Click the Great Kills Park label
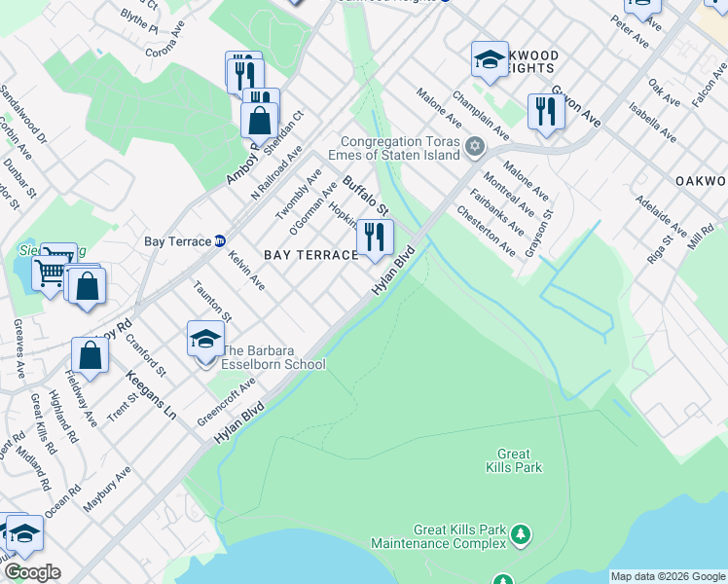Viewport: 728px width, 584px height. tap(513, 460)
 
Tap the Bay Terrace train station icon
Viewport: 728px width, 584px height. tap(220, 240)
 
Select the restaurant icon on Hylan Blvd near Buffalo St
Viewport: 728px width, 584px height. tap(375, 237)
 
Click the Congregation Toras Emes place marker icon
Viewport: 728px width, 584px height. tap(475, 147)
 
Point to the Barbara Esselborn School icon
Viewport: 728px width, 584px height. tap(205, 340)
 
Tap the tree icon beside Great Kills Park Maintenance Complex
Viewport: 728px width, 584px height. tap(522, 533)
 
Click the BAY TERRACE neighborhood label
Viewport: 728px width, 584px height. tap(311, 255)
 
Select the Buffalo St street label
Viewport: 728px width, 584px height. tap(366, 195)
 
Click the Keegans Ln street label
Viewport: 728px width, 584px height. tap(151, 394)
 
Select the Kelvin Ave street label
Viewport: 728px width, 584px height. tap(247, 268)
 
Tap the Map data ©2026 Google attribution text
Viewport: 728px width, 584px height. tap(668, 576)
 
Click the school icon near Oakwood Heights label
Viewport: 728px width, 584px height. tap(490, 59)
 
